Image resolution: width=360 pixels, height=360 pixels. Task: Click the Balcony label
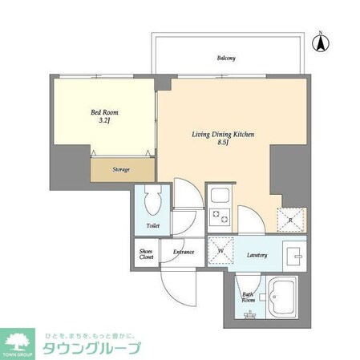225,58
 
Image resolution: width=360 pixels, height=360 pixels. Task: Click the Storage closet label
120,169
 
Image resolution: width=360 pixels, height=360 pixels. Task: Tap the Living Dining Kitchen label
223,135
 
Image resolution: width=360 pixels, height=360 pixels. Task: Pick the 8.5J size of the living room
223,145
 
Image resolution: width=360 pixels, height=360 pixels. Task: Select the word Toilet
153,227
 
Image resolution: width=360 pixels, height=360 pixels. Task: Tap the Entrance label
184,253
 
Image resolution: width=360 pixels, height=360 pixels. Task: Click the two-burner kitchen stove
219,216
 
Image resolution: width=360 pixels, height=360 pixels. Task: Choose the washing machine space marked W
220,250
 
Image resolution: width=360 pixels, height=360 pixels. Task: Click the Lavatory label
257,255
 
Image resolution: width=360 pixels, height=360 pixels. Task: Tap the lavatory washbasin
294,255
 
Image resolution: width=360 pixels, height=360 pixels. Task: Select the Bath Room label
249,297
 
